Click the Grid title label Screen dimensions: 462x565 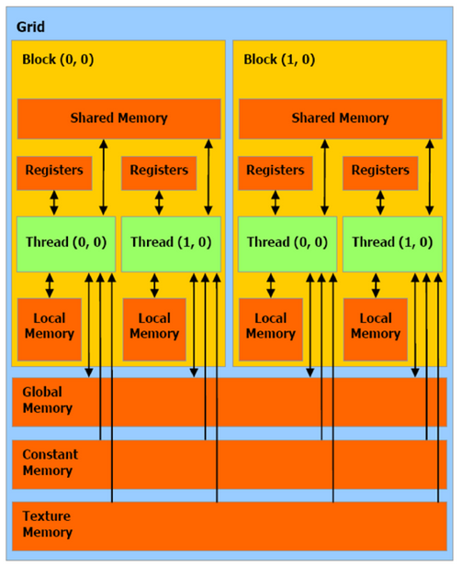click(x=30, y=27)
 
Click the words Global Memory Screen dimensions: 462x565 click(x=47, y=400)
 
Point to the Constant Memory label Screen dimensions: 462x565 click(x=51, y=462)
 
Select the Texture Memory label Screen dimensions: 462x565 click(x=47, y=525)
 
